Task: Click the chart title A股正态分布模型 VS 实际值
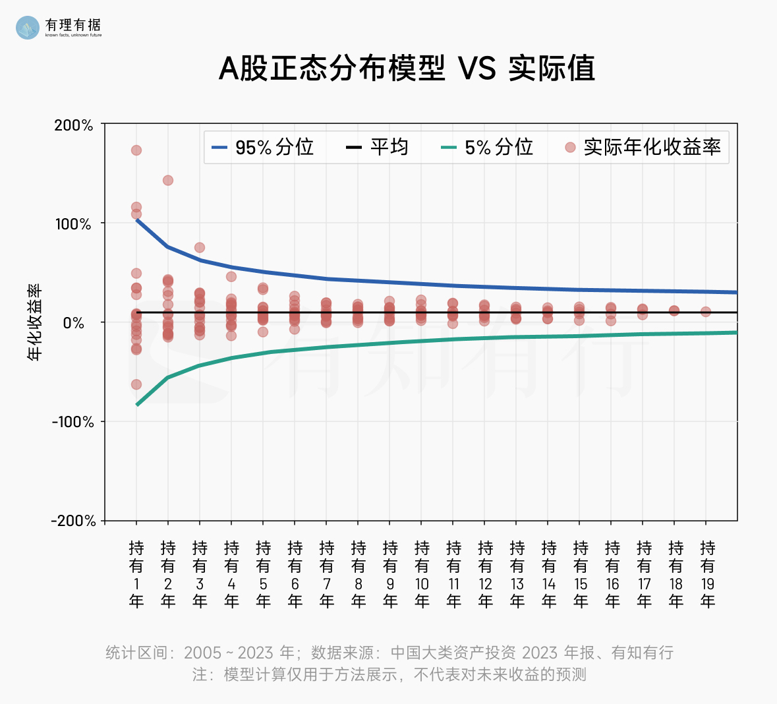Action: [407, 69]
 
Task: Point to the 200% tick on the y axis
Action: [73, 125]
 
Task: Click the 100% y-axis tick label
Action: [73, 224]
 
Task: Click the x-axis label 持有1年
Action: [136, 574]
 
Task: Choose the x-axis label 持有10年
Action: [422, 574]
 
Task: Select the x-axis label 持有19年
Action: [708, 574]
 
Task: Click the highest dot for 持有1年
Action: [136, 150]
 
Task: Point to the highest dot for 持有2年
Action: [168, 181]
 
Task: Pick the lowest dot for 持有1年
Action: [136, 384]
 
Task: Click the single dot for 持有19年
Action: [706, 312]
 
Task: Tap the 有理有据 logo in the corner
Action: [59, 26]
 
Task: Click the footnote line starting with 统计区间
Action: [389, 653]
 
